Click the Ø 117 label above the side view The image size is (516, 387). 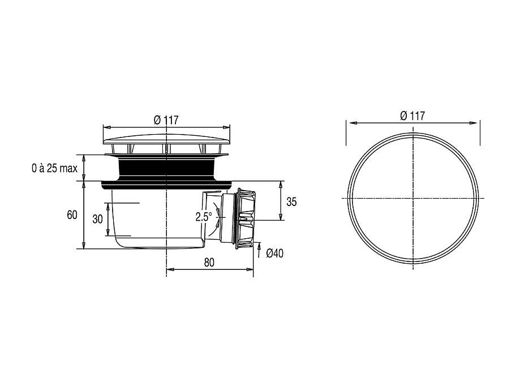(x=166, y=120)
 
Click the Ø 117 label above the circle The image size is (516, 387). (x=412, y=116)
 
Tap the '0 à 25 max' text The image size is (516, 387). (x=55, y=169)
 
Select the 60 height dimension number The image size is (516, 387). (x=72, y=215)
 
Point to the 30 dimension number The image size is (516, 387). (x=97, y=219)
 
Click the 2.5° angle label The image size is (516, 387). (x=204, y=217)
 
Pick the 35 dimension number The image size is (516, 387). (x=291, y=202)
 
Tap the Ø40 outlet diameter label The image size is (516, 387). (x=274, y=253)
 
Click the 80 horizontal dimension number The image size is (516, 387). (x=209, y=263)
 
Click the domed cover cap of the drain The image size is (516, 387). (x=166, y=139)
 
